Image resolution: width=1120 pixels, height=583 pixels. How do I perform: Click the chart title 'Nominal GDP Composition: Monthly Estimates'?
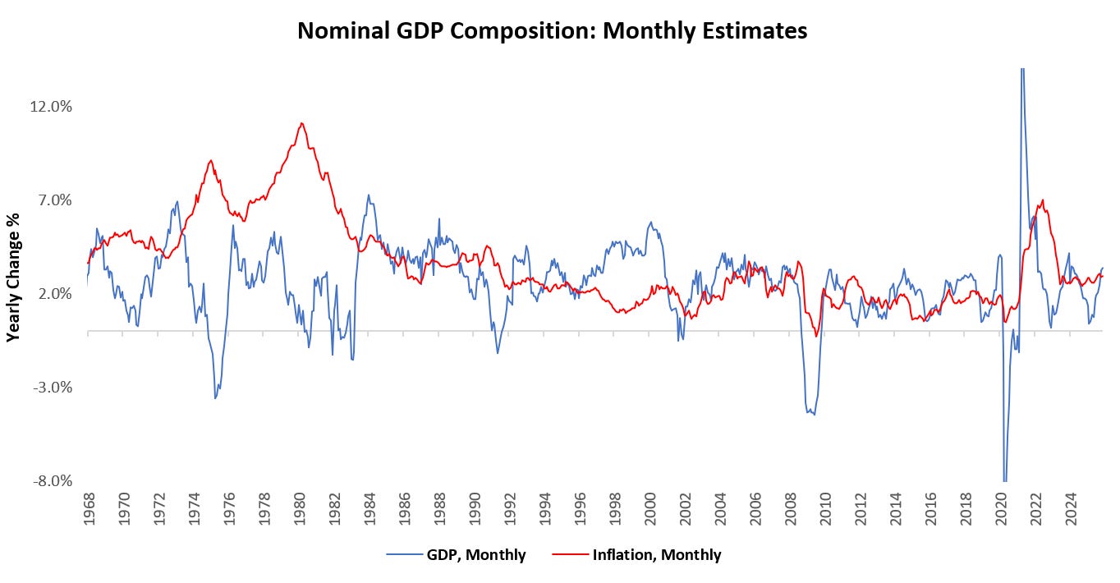pyautogui.click(x=552, y=31)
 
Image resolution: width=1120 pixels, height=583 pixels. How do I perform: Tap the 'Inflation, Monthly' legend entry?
pyautogui.click(x=656, y=555)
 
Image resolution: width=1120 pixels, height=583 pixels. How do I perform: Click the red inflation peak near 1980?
pyautogui.click(x=302, y=123)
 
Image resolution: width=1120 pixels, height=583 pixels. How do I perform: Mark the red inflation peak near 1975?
pyautogui.click(x=210, y=160)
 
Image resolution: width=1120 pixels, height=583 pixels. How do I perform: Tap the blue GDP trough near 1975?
pyautogui.click(x=215, y=398)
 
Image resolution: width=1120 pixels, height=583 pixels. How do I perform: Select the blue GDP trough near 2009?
pyautogui.click(x=814, y=414)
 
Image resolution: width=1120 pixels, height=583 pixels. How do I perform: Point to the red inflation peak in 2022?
pyautogui.click(x=1043, y=200)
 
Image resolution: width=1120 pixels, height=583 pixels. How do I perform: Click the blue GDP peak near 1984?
pyautogui.click(x=368, y=195)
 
